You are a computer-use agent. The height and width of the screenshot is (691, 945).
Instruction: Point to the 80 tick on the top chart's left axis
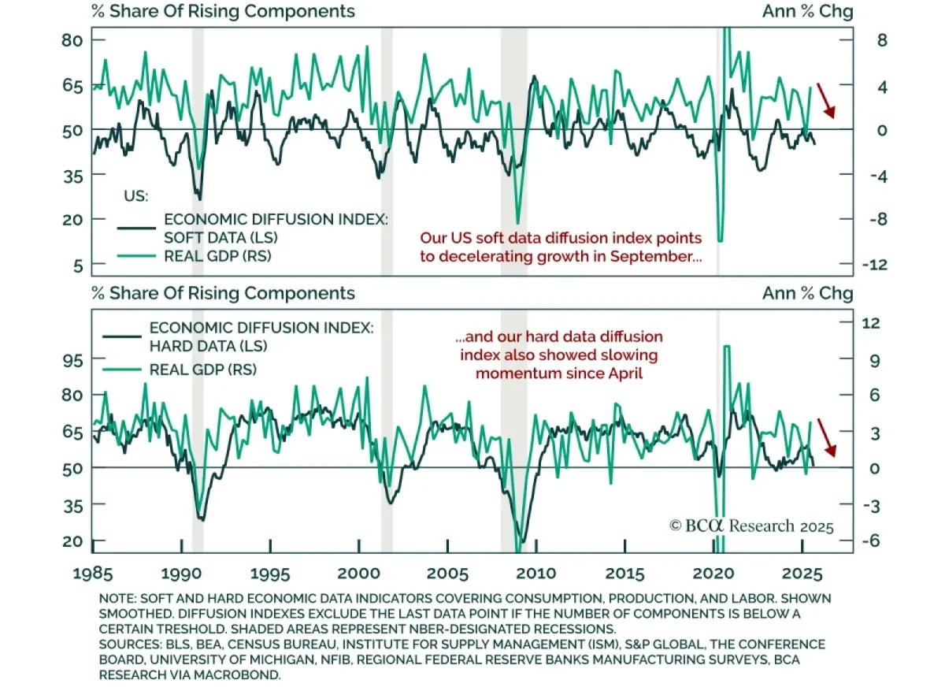click(x=73, y=39)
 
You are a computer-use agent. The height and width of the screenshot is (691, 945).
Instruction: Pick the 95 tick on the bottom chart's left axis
click(x=73, y=359)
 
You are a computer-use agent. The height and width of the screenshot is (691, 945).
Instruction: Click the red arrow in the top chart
click(x=826, y=100)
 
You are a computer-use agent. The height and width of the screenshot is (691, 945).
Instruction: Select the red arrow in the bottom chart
click(x=826, y=437)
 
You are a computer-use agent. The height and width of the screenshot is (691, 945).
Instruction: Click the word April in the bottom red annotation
click(x=623, y=373)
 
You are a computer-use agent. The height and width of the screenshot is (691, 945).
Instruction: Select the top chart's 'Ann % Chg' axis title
click(x=807, y=11)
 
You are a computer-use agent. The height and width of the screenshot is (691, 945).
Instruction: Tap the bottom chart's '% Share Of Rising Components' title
click(x=223, y=293)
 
